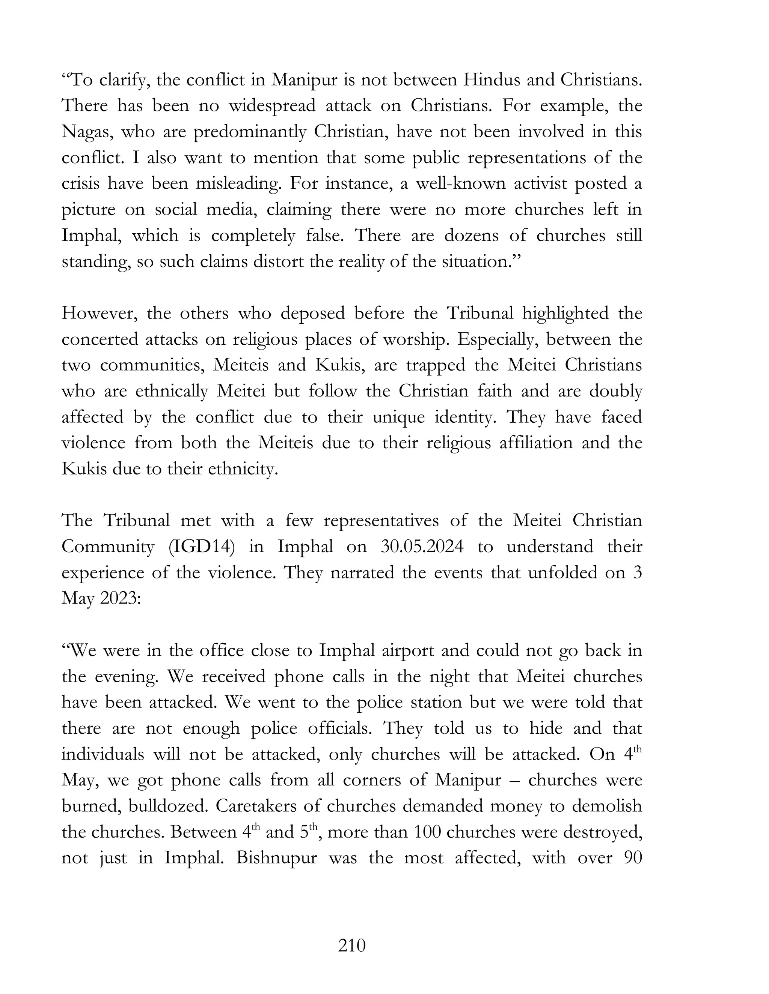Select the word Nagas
86,132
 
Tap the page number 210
352,946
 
